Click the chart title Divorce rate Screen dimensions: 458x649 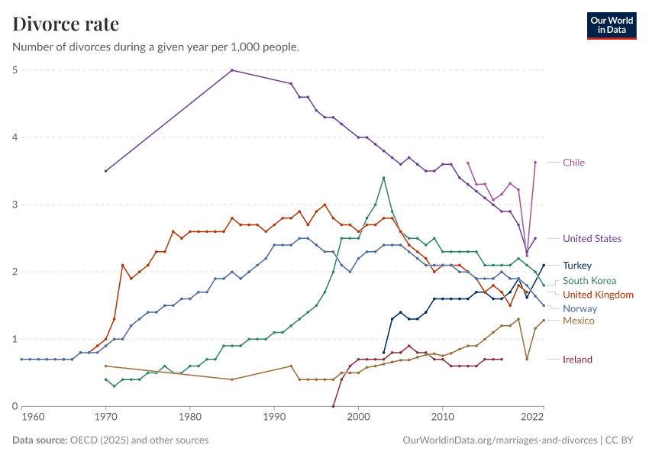point(66,24)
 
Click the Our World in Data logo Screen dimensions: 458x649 point(611,24)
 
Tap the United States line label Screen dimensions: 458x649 point(592,239)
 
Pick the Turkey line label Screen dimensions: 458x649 point(577,266)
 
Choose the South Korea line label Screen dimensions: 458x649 point(589,281)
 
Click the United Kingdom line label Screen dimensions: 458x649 point(598,295)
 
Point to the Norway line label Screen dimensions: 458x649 point(579,308)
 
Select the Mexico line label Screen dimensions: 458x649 point(578,321)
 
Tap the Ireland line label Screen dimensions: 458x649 point(577,360)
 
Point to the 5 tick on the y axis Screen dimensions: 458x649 point(15,70)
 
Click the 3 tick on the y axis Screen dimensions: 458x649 point(15,205)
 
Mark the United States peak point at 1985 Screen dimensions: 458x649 point(232,70)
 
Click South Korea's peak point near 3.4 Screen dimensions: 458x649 point(383,178)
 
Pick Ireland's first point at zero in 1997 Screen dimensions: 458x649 point(333,406)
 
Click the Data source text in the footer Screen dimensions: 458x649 point(110,440)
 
